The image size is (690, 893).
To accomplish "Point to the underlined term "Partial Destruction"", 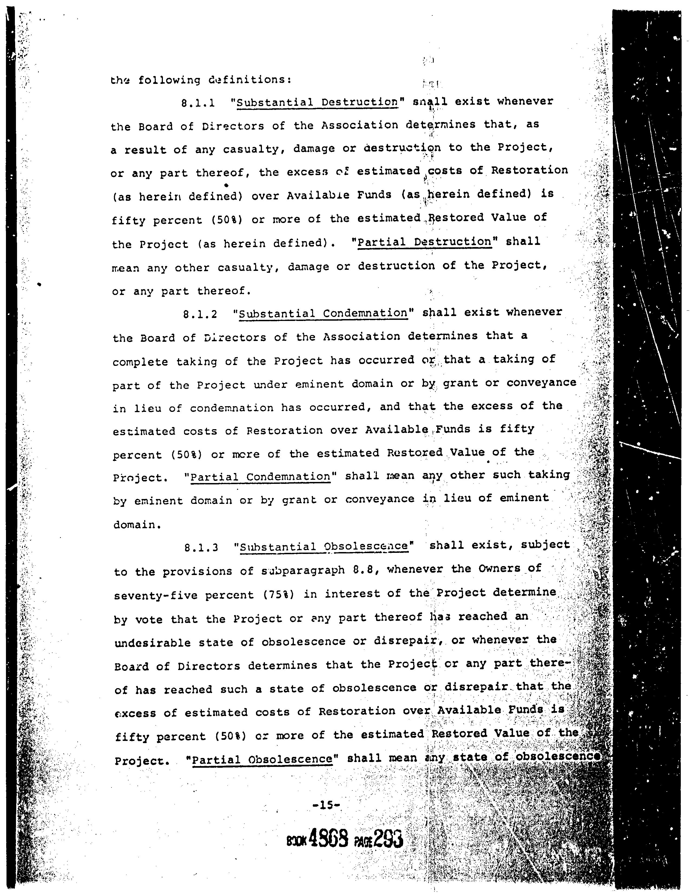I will (424, 242).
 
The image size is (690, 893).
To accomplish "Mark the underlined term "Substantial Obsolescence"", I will (324, 547).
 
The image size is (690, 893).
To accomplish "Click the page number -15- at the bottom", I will (326, 806).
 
